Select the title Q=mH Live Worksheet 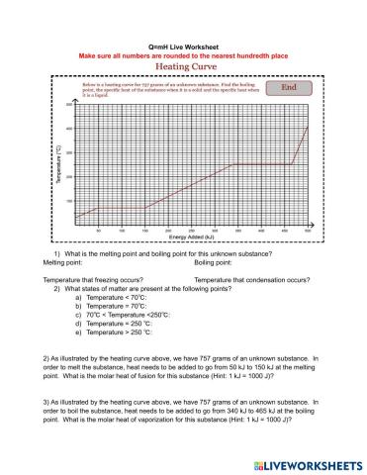pos(182,47)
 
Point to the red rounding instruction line pos(183,56)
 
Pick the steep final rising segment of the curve pos(302,145)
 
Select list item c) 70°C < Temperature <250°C pos(129,314)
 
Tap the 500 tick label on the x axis pos(307,231)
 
